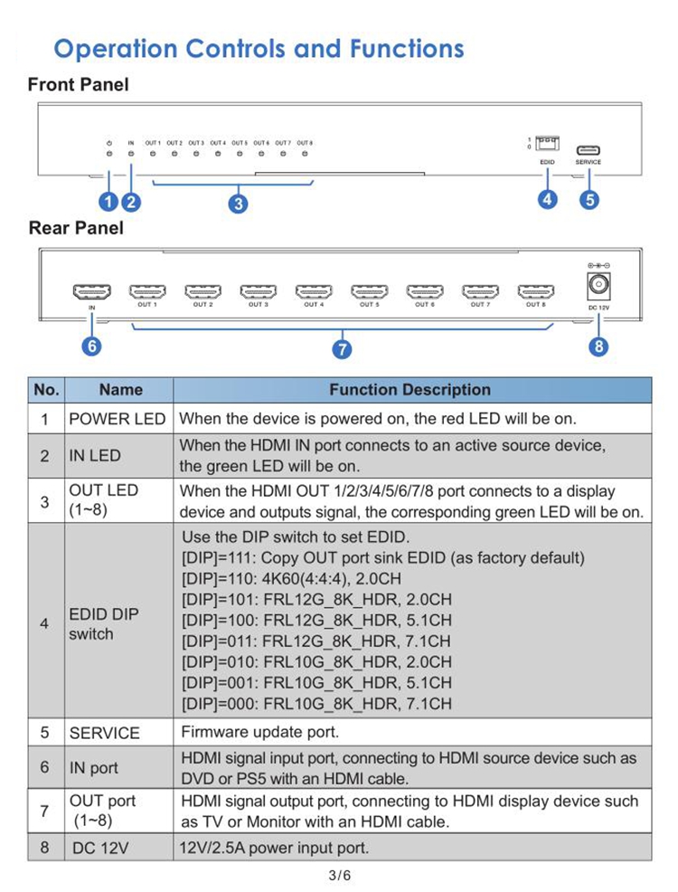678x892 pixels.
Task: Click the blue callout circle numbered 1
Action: point(109,201)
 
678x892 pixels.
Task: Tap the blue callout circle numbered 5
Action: point(589,199)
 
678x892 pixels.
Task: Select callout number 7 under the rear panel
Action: point(343,349)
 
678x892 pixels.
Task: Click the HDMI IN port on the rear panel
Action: point(91,291)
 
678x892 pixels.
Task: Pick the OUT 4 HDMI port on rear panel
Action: point(314,291)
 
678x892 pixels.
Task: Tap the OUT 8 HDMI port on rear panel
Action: point(535,291)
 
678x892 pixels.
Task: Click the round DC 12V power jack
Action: point(598,286)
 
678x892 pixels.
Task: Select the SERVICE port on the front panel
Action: point(588,150)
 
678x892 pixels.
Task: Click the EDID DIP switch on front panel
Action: point(547,144)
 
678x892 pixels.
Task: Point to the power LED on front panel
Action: point(108,154)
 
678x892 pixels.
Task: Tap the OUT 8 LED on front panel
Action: point(305,154)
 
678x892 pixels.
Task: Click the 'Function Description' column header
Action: point(410,390)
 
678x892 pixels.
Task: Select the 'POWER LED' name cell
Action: point(118,419)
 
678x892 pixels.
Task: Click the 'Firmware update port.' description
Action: point(260,732)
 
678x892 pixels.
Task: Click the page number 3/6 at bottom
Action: point(339,875)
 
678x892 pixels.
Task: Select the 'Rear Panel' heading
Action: point(76,228)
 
